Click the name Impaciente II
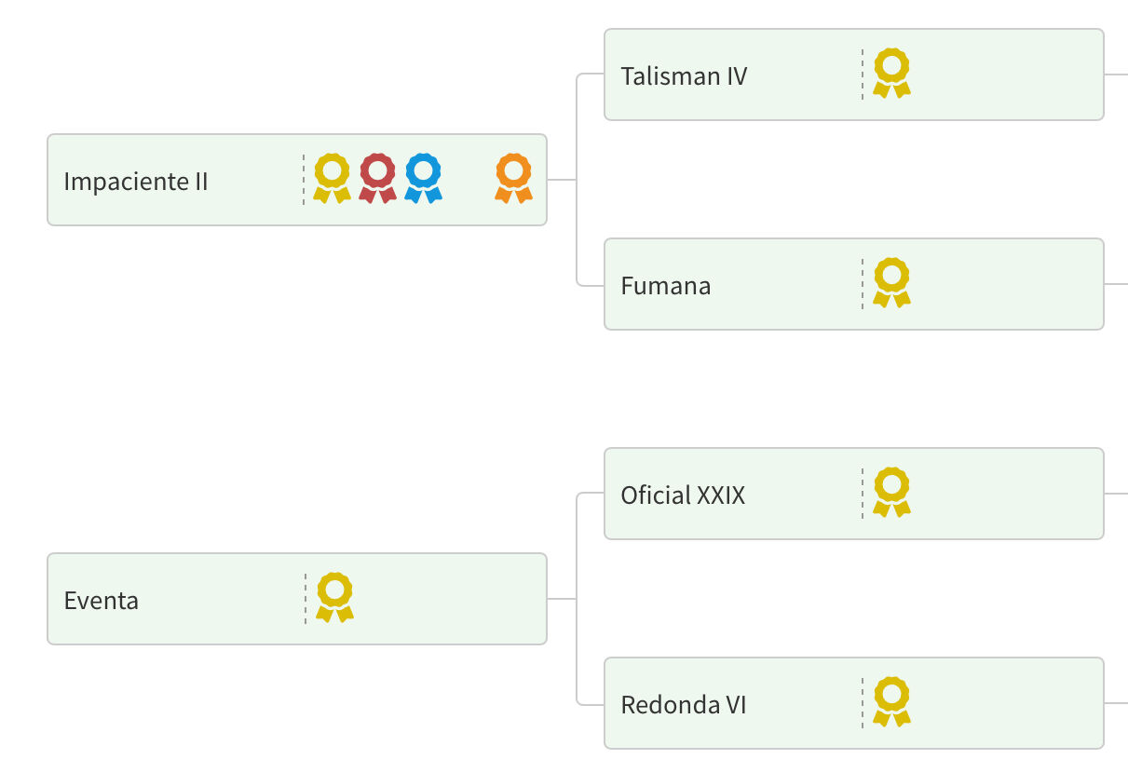coord(136,181)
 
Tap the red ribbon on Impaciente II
coord(377,178)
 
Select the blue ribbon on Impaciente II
coord(423,178)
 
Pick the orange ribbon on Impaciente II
coord(513,178)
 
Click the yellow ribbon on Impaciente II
coord(332,178)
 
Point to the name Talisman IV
coord(684,75)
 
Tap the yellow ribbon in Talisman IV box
coord(891,73)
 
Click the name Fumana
coord(665,285)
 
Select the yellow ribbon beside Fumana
coord(891,282)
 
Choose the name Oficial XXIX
coord(683,495)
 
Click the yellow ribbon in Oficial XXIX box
coord(891,492)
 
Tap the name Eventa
coord(101,600)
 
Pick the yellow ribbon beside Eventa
coord(334,597)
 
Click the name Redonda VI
coord(683,704)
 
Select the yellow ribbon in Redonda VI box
coord(891,701)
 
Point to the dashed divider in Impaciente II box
coord(304,180)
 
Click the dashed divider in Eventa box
coord(305,599)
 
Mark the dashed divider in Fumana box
coord(863,284)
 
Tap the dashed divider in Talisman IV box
coord(863,75)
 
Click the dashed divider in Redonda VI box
coord(863,703)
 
